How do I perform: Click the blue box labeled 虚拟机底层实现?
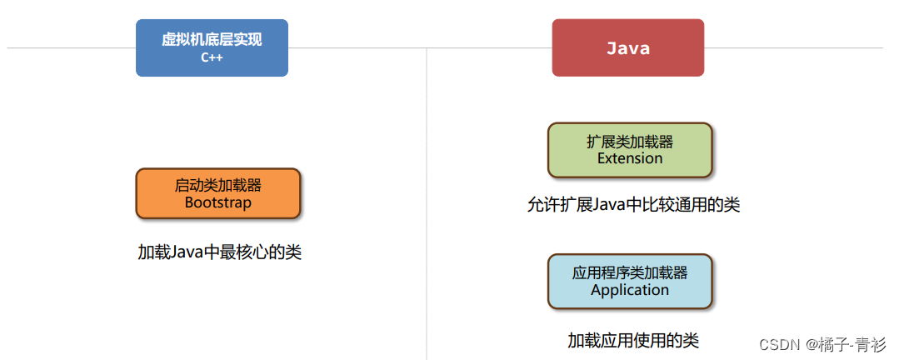click(x=212, y=47)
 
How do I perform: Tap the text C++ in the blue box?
click(x=212, y=58)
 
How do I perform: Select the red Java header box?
click(x=627, y=47)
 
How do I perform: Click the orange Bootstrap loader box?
click(x=217, y=193)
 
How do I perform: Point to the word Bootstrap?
click(x=217, y=202)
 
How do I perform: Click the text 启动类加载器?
click(x=217, y=185)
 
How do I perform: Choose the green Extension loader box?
click(x=629, y=150)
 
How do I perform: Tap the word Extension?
click(x=630, y=158)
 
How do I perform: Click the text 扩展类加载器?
click(x=630, y=142)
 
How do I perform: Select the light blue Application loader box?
click(x=629, y=282)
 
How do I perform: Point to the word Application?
click(x=630, y=290)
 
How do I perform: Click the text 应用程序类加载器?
click(x=630, y=273)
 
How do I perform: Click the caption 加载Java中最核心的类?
click(x=219, y=252)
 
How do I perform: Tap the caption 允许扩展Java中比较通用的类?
click(x=633, y=204)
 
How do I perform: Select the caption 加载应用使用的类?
click(x=633, y=340)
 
